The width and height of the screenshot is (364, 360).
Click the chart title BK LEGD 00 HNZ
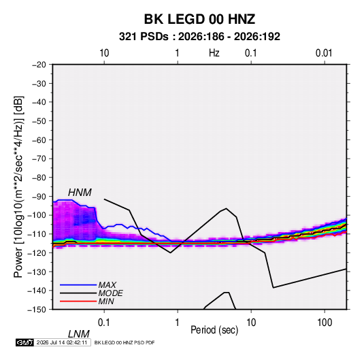(199, 19)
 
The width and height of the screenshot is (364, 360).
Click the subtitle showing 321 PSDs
(199, 37)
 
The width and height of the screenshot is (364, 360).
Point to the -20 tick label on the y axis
(39, 65)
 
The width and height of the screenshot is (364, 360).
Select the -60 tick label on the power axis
(39, 140)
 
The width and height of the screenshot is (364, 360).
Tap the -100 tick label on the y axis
(37, 215)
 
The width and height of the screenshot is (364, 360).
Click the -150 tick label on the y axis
(37, 310)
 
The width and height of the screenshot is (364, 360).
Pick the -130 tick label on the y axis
(37, 272)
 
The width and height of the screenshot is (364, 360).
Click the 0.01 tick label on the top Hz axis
(324, 53)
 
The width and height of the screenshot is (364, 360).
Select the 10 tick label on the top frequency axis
(104, 53)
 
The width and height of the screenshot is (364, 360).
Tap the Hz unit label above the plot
(214, 53)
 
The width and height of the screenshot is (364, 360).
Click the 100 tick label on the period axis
(325, 323)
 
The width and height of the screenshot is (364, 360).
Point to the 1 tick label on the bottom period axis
(178, 323)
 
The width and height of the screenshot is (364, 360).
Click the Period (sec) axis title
(214, 330)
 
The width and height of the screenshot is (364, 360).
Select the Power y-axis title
(18, 187)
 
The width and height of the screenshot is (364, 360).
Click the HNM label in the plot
(80, 193)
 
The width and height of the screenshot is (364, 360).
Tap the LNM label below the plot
(78, 334)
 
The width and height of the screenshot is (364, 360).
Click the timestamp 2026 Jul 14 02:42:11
(62, 342)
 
